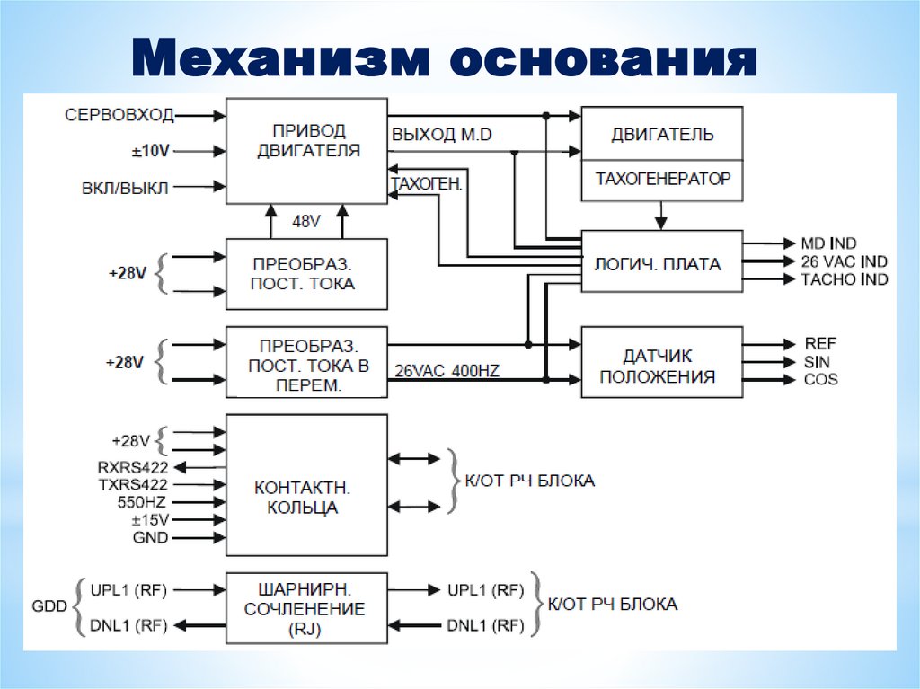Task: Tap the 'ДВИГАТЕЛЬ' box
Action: (662, 135)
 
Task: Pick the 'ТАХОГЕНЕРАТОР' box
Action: (662, 180)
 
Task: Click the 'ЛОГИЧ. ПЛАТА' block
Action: (662, 264)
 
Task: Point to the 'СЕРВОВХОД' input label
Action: (119, 115)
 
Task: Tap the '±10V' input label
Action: (149, 152)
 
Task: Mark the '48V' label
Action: (306, 219)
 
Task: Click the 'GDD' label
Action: (49, 606)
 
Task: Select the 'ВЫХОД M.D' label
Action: (441, 134)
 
